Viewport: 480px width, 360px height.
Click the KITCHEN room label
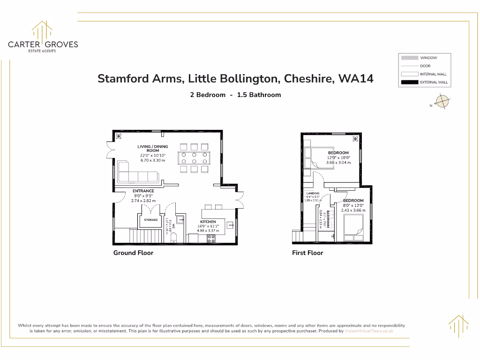[x=208, y=222]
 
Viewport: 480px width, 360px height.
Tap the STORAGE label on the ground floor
[x=150, y=220]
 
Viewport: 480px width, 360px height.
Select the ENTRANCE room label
[x=143, y=191]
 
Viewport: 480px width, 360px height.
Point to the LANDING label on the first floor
[x=313, y=193]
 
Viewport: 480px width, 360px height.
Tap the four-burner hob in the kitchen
[x=211, y=238]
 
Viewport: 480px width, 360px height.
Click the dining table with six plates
[x=194, y=157]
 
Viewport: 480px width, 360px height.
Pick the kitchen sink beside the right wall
[x=229, y=225]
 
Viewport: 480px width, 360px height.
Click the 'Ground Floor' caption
[x=133, y=253]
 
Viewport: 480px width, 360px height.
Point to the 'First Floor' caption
[x=307, y=253]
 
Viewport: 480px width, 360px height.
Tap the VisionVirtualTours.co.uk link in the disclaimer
[x=368, y=331]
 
